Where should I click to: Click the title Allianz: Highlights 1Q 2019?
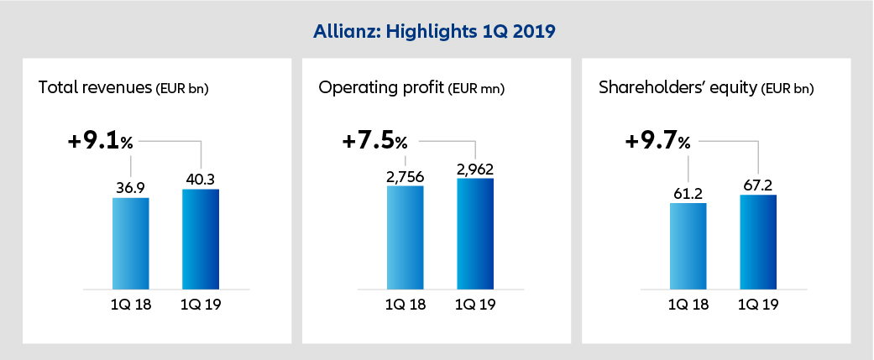(x=436, y=32)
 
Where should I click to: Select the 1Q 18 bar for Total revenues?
(x=130, y=243)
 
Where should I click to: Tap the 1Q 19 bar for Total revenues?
(x=200, y=239)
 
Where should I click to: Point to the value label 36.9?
(x=130, y=185)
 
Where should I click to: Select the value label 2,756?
(x=406, y=175)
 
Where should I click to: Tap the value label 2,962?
(x=475, y=167)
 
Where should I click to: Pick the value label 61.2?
(x=688, y=191)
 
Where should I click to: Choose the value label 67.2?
(x=757, y=184)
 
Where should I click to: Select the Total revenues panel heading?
(x=123, y=87)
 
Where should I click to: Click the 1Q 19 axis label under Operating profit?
(x=475, y=305)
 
